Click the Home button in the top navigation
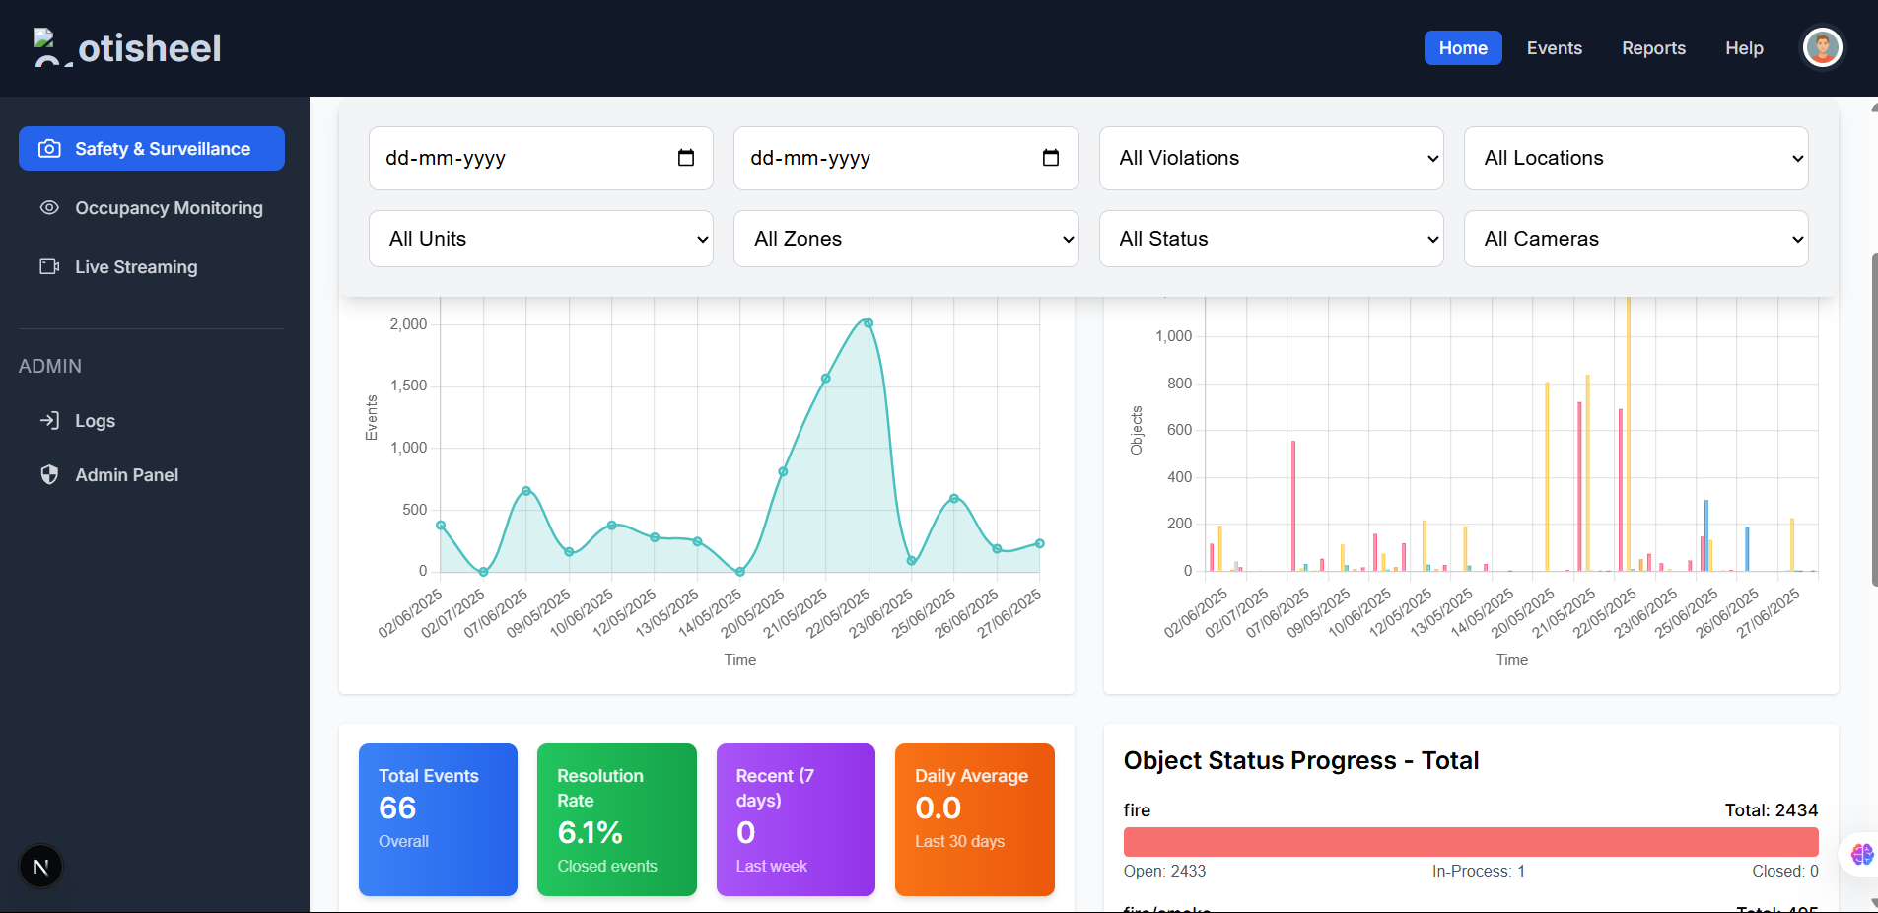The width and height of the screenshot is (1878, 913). pyautogui.click(x=1462, y=48)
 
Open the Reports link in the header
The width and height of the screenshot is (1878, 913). pyautogui.click(x=1653, y=48)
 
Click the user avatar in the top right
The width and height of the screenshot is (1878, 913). pyautogui.click(x=1822, y=47)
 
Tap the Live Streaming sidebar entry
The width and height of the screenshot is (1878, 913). pyautogui.click(x=136, y=267)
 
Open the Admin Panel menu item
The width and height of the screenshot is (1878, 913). pyautogui.click(x=126, y=475)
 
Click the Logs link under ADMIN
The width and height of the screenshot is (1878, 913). pyautogui.click(x=95, y=421)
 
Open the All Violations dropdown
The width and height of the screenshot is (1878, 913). pyautogui.click(x=1271, y=158)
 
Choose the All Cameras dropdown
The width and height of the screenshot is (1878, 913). pyautogui.click(x=1635, y=239)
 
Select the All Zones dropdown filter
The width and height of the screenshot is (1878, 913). pyautogui.click(x=905, y=239)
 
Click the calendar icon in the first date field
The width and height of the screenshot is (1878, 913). pyautogui.click(x=686, y=158)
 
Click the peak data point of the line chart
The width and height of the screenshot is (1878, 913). pyautogui.click(x=868, y=323)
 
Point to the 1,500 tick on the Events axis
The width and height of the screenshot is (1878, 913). pyautogui.click(x=408, y=386)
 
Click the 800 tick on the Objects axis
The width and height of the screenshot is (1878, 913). pyautogui.click(x=1179, y=384)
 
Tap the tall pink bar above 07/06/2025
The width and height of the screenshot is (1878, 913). pyautogui.click(x=1293, y=505)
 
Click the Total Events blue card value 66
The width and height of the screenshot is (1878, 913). pyautogui.click(x=397, y=808)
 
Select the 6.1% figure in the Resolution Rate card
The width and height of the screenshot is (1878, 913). pyautogui.click(x=590, y=832)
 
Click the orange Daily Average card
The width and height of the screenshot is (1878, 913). pyautogui.click(x=974, y=819)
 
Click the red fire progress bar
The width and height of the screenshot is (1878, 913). pyautogui.click(x=1470, y=842)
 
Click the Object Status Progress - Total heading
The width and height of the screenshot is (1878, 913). pyautogui.click(x=1300, y=760)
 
